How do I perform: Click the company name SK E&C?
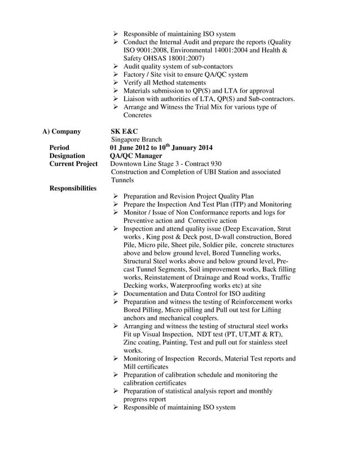124,131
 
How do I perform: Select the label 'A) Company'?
62,131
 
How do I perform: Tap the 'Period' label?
59,148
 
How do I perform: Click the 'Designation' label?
67,156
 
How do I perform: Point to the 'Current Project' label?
74,164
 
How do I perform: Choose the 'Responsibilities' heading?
73,188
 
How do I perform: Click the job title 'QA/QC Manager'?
136,156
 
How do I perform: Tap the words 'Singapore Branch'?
136,139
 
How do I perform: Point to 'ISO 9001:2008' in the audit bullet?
147,50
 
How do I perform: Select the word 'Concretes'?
138,115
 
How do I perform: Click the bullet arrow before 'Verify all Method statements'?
116,82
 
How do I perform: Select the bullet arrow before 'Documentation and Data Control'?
116,294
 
